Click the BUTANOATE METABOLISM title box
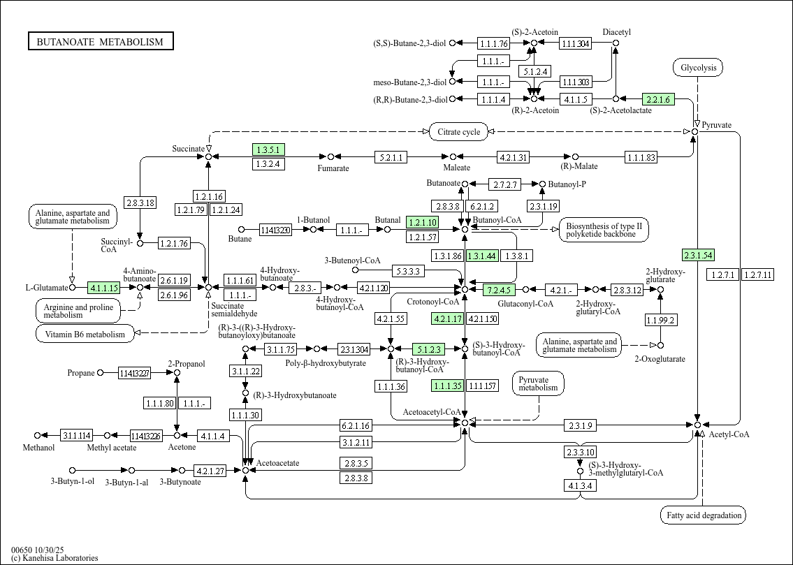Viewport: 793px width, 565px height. tap(100, 42)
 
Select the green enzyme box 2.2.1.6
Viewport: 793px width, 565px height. tap(657, 99)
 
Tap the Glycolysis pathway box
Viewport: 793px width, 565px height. tap(698, 68)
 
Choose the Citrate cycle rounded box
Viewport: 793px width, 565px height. tap(458, 131)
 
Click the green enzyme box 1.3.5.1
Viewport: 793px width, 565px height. tap(268, 149)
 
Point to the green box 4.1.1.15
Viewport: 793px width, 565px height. tap(104, 287)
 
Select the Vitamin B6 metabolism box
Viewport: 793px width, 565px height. tap(85, 334)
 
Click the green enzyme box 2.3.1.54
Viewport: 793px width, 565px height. tap(698, 256)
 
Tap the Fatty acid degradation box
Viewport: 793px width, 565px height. tap(703, 516)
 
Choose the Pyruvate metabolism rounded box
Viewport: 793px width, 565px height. tap(538, 383)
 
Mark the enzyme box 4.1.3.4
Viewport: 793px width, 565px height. tap(581, 485)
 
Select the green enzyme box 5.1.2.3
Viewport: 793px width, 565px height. tap(428, 348)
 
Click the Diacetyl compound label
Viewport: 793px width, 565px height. tap(616, 32)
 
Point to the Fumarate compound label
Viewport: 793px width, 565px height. tap(333, 168)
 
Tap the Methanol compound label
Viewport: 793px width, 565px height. tap(38, 448)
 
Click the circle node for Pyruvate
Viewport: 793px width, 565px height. tap(695, 131)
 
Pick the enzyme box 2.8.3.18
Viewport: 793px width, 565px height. tap(140, 203)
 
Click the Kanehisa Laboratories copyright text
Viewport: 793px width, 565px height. tap(54, 557)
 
